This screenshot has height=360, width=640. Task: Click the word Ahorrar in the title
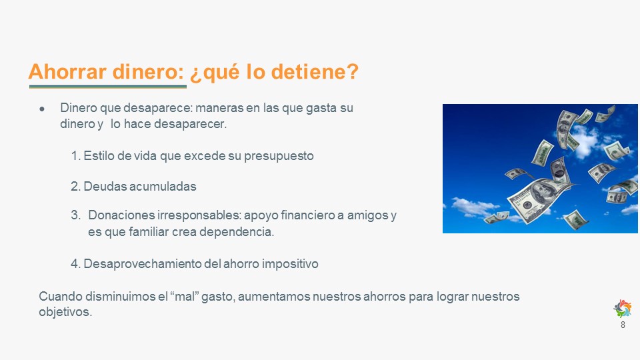(x=67, y=71)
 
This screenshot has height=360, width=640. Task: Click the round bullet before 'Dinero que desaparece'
(x=42, y=109)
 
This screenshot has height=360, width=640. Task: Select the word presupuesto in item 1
(x=279, y=156)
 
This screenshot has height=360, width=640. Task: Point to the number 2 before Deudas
(x=75, y=187)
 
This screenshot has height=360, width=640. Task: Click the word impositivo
(x=290, y=264)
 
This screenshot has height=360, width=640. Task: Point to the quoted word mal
(x=184, y=296)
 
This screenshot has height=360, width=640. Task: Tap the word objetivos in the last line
(x=65, y=312)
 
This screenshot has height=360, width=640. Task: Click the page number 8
(x=623, y=325)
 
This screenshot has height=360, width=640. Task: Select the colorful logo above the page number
(x=623, y=309)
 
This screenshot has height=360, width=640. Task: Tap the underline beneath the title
(x=108, y=87)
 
